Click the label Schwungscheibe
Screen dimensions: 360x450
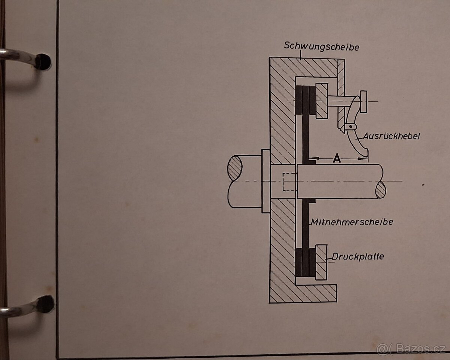click(x=322, y=47)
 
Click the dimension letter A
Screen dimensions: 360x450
click(x=337, y=159)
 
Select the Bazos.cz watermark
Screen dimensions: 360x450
click(x=412, y=349)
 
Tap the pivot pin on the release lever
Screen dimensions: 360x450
click(x=350, y=127)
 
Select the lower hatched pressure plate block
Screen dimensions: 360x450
click(x=321, y=262)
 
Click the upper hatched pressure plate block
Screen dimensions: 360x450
click(x=321, y=101)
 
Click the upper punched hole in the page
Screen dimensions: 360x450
click(x=44, y=61)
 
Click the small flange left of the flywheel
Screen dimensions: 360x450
click(x=265, y=181)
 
